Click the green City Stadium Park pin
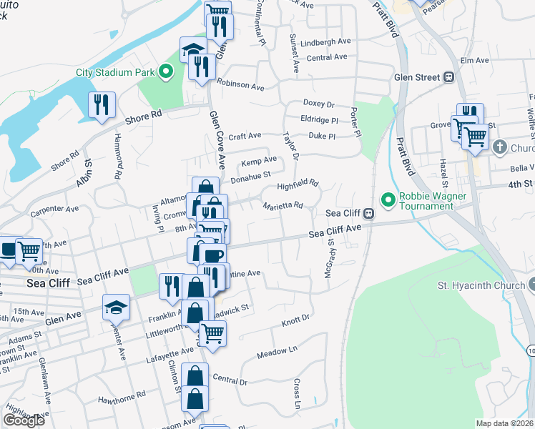pyautogui.click(x=166, y=71)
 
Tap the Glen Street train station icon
pyautogui.click(x=449, y=77)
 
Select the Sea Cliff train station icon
pyautogui.click(x=368, y=213)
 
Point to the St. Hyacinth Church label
pyautogui.click(x=482, y=286)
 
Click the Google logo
pyautogui.click(x=24, y=420)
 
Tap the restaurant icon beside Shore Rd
pyautogui.click(x=101, y=105)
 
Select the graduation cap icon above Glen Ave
pyautogui.click(x=116, y=307)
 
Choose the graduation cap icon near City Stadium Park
pyautogui.click(x=192, y=49)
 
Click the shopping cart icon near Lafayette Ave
pyautogui.click(x=212, y=332)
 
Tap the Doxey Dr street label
pyautogui.click(x=319, y=105)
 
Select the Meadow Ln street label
pyautogui.click(x=276, y=351)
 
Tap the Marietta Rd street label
pyautogui.click(x=283, y=205)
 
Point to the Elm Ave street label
pyautogui.click(x=474, y=61)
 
